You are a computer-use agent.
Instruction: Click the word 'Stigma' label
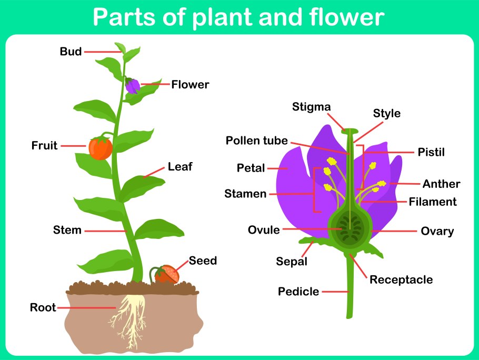tap(312, 107)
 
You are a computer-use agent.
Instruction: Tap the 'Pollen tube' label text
tap(257, 141)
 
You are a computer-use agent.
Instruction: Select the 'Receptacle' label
tap(401, 279)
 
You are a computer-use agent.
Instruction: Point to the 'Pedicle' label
tap(298, 292)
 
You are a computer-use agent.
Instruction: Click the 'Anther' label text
tap(441, 184)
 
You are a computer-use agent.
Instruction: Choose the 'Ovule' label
tap(264, 230)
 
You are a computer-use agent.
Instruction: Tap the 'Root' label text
tap(43, 308)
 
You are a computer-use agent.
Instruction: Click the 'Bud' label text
tap(71, 52)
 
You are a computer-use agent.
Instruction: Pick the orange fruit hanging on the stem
tap(101, 148)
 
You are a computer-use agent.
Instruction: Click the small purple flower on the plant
tap(133, 86)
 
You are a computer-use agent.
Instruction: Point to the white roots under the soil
tap(129, 316)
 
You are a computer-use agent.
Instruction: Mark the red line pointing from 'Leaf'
tap(154, 172)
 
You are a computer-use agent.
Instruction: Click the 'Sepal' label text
tap(292, 262)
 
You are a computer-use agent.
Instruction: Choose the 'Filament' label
tap(433, 202)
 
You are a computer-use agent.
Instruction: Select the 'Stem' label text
tap(67, 230)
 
